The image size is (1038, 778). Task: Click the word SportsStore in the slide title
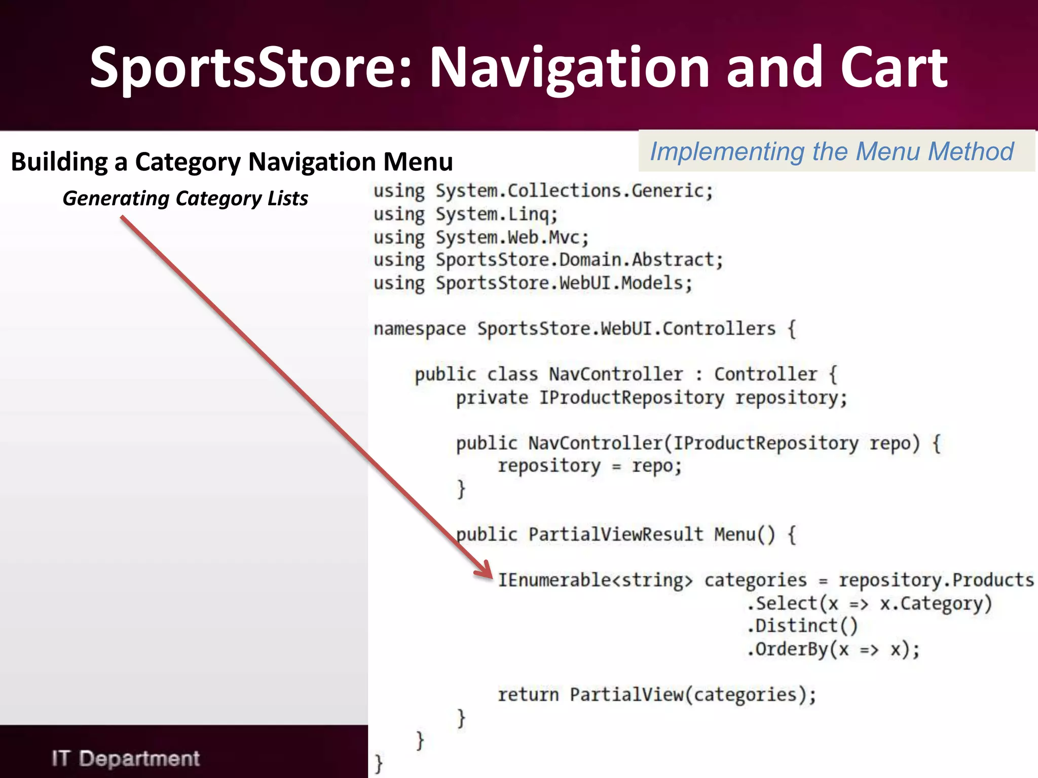coord(251,67)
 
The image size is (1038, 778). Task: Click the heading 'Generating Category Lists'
coord(185,199)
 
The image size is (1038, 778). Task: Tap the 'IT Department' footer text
coord(125,758)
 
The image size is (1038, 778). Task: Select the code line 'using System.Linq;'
coord(465,214)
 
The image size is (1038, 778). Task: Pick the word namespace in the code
coord(419,329)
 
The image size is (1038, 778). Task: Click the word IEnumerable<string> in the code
coord(595,580)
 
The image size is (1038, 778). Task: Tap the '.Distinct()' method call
coord(802,626)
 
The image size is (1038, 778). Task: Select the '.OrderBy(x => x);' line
coord(833,649)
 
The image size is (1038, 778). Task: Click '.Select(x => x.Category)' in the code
coord(869,603)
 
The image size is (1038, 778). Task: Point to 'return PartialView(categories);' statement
coord(656,694)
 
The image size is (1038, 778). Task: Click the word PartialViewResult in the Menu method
coord(615,534)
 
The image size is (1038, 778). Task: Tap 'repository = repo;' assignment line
coord(589,465)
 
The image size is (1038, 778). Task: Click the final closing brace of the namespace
coord(378,763)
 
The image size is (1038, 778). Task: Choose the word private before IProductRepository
coord(492,398)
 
